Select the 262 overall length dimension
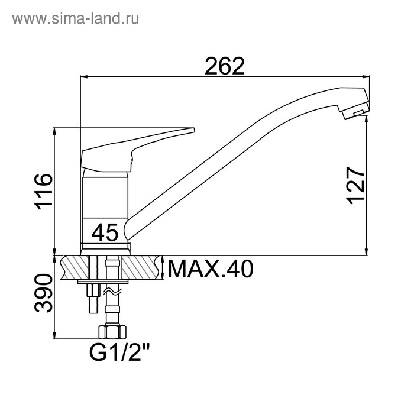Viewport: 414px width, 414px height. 225,66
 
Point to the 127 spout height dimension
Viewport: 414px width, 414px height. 355,185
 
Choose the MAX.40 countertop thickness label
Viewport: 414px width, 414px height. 210,270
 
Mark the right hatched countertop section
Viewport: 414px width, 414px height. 142,267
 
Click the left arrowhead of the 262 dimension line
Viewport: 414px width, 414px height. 83,77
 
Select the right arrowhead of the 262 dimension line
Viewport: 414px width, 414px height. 367,77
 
